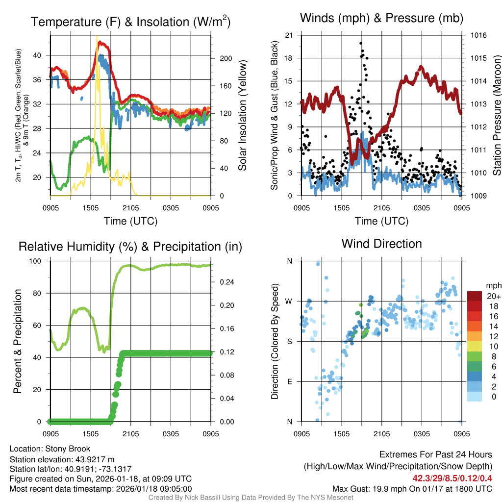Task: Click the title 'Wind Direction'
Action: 381,244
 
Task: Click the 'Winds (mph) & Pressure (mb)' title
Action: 381,19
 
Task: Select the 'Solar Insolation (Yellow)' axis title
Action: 242,116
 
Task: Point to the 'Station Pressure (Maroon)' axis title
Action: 497,116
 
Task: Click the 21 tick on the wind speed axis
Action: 289,35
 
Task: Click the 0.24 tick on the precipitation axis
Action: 226,282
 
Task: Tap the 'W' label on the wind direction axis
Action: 289,301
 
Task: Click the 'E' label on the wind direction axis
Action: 289,381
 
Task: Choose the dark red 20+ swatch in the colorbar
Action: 475,296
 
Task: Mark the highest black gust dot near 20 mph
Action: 361,44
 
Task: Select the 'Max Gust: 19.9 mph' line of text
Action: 412,488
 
